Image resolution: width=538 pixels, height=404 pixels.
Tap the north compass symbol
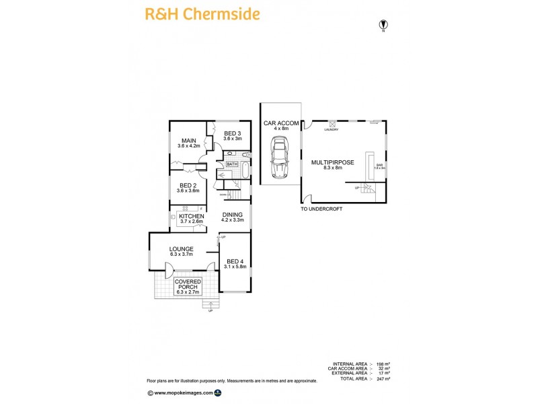[383, 26]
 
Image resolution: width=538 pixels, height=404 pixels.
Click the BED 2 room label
[188, 187]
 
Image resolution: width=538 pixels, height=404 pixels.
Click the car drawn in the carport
[278, 159]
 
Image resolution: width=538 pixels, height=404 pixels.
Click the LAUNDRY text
[331, 129]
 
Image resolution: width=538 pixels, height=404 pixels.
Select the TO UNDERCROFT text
[321, 209]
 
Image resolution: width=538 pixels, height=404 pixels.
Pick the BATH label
[232, 164]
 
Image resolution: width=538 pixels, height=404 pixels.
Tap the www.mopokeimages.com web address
[183, 392]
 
